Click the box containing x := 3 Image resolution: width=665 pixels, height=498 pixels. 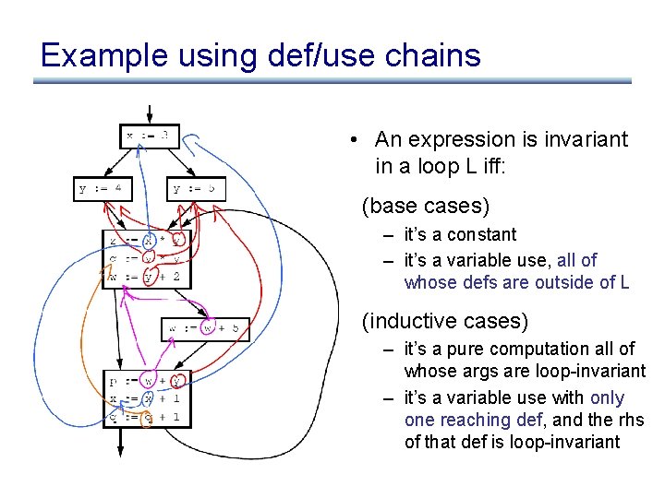[149, 136]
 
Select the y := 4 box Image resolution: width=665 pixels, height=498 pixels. [103, 189]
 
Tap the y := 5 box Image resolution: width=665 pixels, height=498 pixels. [197, 189]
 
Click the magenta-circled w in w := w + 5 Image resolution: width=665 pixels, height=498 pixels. [210, 327]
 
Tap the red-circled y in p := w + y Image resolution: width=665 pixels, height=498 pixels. [177, 380]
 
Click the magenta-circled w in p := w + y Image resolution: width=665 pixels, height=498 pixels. [149, 380]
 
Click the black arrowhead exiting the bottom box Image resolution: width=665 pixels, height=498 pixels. [120, 449]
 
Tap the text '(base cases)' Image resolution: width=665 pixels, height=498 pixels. [425, 204]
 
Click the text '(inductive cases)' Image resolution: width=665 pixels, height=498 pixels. [444, 321]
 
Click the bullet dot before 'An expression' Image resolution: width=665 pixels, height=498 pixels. [354, 140]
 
